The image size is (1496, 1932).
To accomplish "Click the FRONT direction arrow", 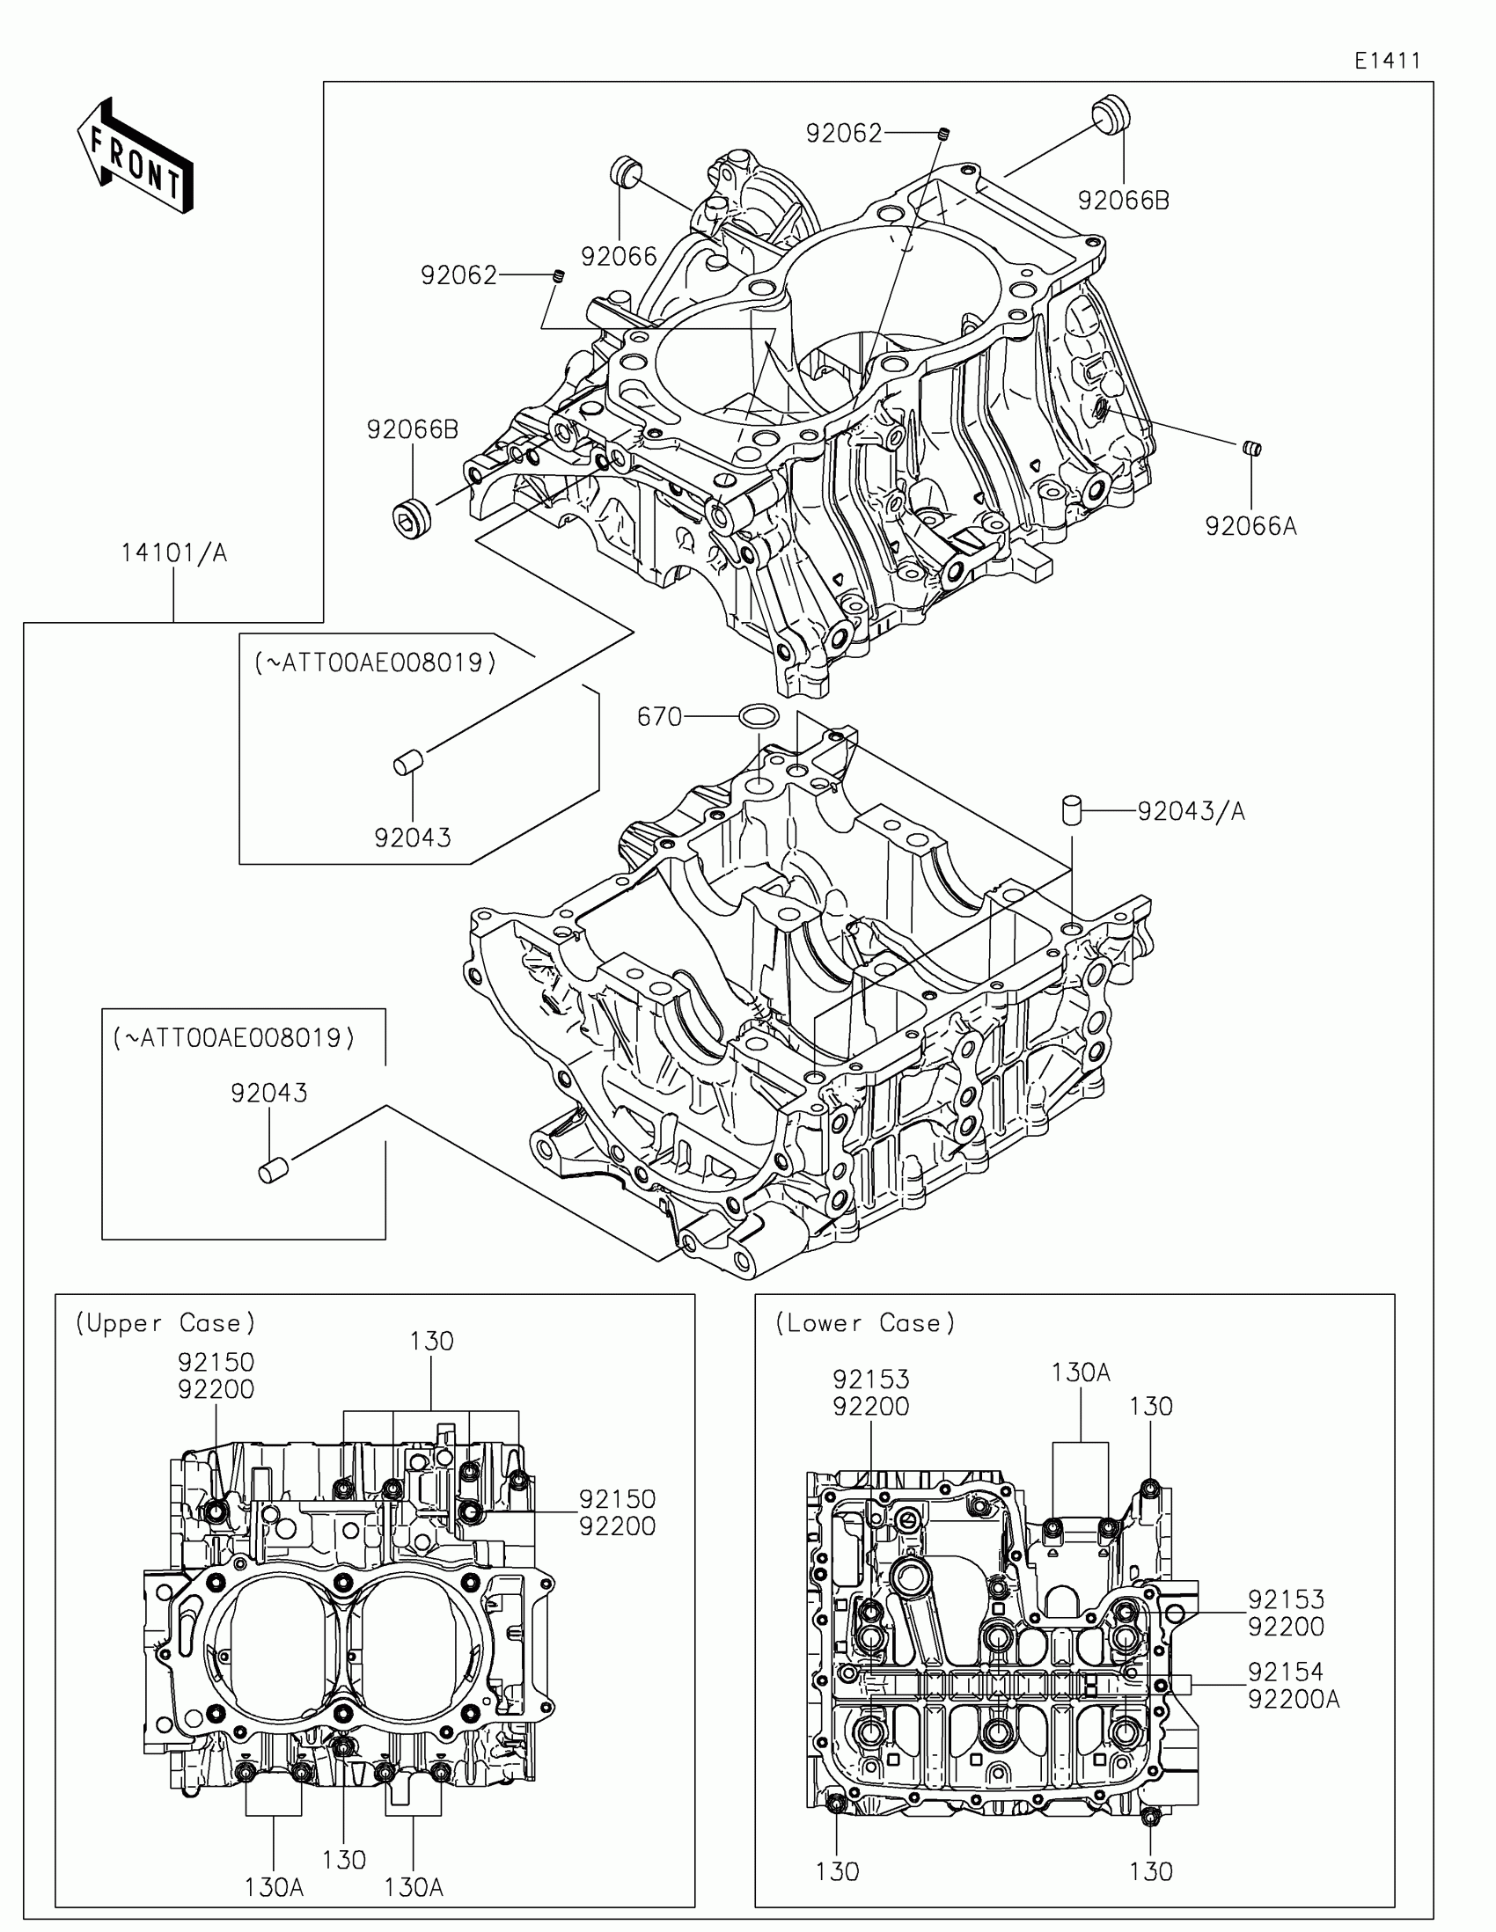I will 135,156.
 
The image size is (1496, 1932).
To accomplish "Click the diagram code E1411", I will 1387,61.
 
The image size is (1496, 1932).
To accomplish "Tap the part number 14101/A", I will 174,553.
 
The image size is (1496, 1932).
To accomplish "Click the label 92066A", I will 1250,526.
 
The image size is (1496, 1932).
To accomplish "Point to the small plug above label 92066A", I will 1251,449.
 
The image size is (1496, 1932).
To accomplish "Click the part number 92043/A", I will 1191,811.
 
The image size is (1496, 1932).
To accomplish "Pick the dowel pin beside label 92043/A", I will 1072,809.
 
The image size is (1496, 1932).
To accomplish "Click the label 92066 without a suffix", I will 620,257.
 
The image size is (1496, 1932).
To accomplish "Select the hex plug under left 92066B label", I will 412,516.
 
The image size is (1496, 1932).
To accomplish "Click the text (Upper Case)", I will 165,1323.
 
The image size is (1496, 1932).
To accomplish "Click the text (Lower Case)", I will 865,1323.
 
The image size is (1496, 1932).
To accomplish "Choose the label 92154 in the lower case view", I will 1286,1672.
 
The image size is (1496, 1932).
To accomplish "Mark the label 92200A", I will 1294,1700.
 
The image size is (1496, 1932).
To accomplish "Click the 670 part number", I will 659,716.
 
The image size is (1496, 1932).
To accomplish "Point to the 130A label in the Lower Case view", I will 1080,1373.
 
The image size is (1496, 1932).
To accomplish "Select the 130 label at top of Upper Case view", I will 432,1341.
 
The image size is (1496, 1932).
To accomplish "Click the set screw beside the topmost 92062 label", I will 944,135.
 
